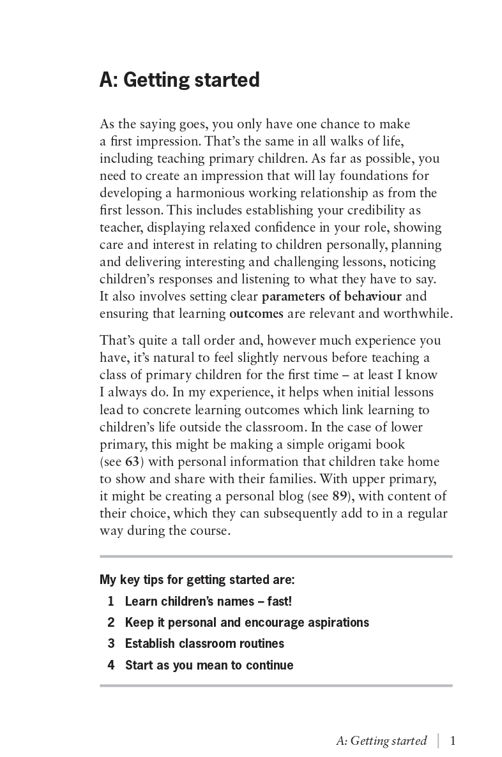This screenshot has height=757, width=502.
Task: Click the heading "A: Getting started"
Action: click(179, 81)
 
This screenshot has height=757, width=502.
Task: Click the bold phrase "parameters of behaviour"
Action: click(331, 296)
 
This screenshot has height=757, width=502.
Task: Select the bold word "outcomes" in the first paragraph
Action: click(256, 313)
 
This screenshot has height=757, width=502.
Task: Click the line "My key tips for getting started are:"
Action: click(197, 580)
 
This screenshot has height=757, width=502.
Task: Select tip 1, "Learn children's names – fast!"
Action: click(208, 601)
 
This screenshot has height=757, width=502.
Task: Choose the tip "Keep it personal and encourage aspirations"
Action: click(247, 622)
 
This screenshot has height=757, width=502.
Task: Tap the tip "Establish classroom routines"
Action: click(204, 643)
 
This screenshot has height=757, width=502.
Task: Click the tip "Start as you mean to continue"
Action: click(209, 665)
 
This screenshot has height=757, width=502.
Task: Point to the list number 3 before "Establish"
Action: click(111, 643)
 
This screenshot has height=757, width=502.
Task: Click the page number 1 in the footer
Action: click(453, 741)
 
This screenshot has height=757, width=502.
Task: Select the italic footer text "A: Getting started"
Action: click(381, 741)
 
